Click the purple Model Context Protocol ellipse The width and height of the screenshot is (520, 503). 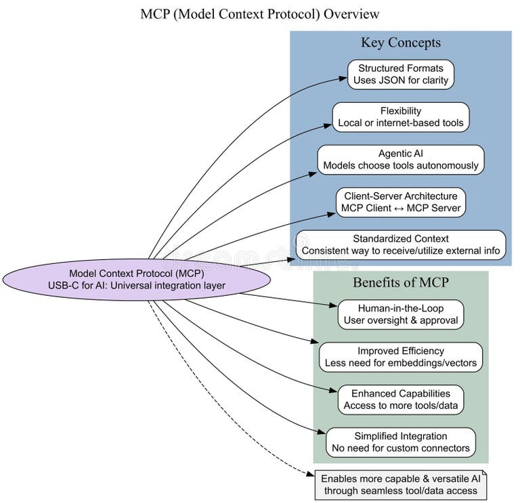coord(137,279)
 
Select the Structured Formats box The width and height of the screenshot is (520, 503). coord(400,74)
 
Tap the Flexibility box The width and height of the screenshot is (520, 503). coord(400,116)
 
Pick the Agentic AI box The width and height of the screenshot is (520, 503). coord(400,159)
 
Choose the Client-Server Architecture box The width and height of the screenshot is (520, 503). coord(400,202)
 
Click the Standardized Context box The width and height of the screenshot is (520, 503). coord(400,244)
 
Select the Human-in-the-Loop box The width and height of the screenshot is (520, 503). coord(400,314)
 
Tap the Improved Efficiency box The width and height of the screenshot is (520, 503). coord(400,357)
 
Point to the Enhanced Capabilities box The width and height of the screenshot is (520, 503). coord(400,399)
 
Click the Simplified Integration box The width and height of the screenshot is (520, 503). coord(400,442)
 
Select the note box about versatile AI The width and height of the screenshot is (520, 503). coord(400,485)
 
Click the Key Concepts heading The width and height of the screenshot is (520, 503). coord(400,43)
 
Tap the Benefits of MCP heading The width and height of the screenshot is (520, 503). coord(400,282)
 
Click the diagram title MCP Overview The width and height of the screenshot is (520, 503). coord(260,14)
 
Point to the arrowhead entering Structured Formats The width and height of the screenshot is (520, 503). coord(343,79)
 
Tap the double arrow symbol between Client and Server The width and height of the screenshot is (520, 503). coord(401,208)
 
